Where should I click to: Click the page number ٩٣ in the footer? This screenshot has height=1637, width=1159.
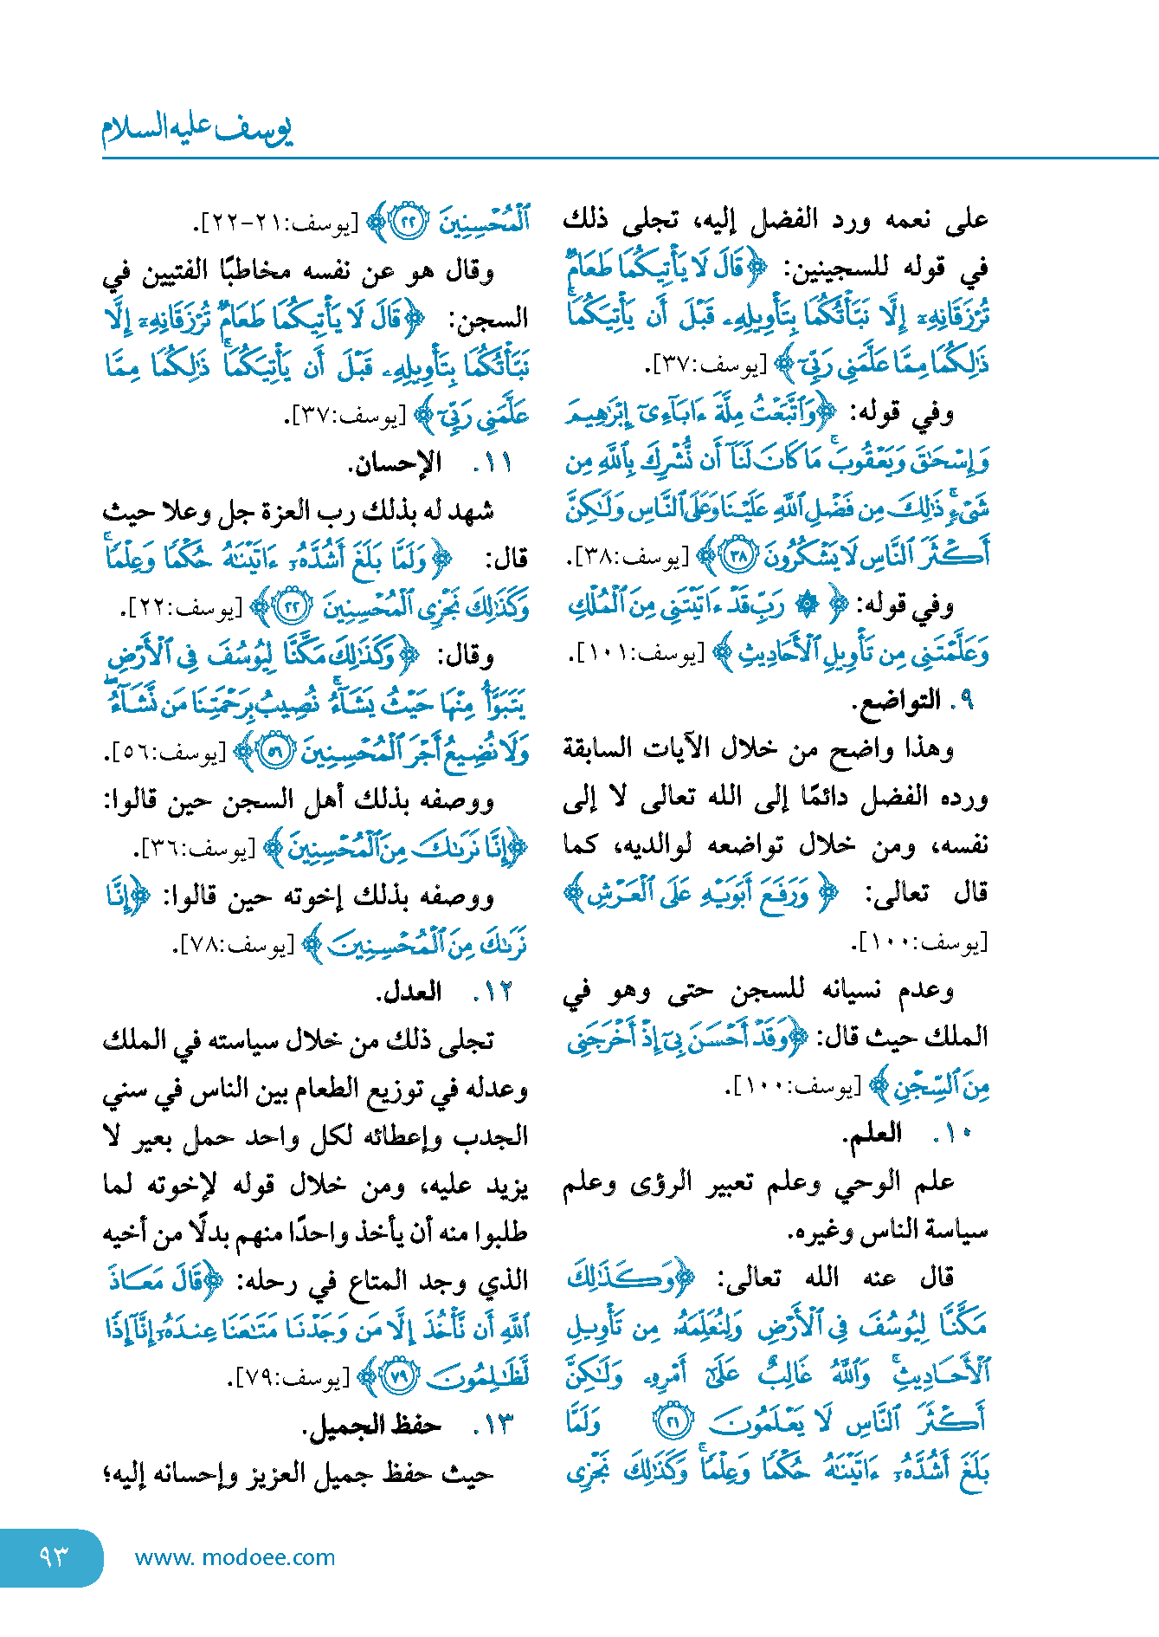53,1556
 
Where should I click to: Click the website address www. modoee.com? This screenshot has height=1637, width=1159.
235,1557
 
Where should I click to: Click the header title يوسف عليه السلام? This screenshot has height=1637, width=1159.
197,129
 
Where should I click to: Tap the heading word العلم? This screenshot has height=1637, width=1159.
873,1133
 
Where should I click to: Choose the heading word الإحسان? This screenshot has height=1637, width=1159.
394,463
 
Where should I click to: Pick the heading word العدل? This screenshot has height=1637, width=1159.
409,993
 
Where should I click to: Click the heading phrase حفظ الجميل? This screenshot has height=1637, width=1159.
371,1425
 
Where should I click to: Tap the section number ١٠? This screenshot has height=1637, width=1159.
953,1133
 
